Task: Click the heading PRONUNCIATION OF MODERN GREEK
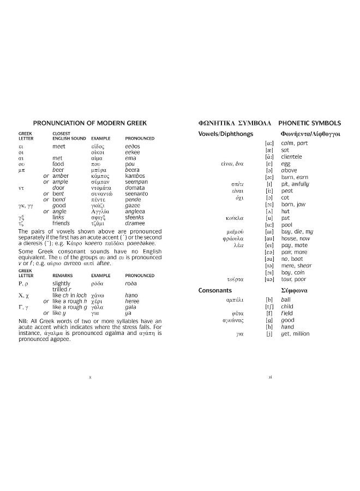coord(90,123)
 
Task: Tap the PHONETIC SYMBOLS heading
coord(309,123)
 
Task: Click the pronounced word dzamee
coord(135,223)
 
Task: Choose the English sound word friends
coord(61,223)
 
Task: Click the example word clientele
coord(295,157)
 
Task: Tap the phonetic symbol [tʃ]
coord(268,307)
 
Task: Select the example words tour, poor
coord(293,279)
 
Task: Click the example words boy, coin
coord(293,272)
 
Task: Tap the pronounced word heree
coord(132,301)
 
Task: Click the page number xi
coord(270,376)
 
